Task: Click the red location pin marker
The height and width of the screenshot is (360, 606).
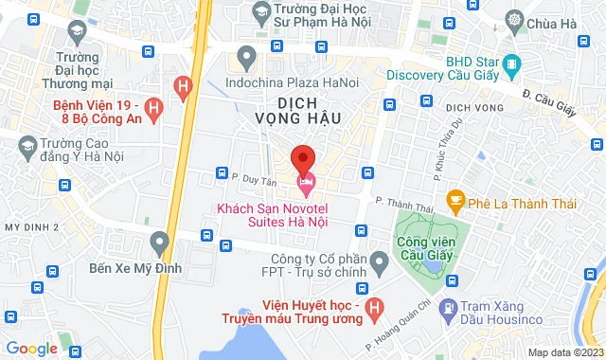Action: tap(302, 158)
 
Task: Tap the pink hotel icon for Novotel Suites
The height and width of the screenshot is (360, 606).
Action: tap(305, 181)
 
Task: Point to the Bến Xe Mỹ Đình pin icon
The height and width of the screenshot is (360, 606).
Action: tap(159, 243)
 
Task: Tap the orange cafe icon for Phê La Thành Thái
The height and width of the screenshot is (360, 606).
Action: tap(455, 200)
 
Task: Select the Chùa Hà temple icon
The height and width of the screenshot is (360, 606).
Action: tap(514, 19)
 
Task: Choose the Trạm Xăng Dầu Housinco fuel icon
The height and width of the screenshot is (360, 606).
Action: tap(449, 307)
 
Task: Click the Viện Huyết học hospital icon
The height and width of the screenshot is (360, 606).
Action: tap(375, 307)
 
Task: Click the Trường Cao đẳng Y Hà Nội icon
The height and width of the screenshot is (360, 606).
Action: tap(27, 145)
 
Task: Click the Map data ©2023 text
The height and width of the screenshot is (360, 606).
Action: tap(564, 352)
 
